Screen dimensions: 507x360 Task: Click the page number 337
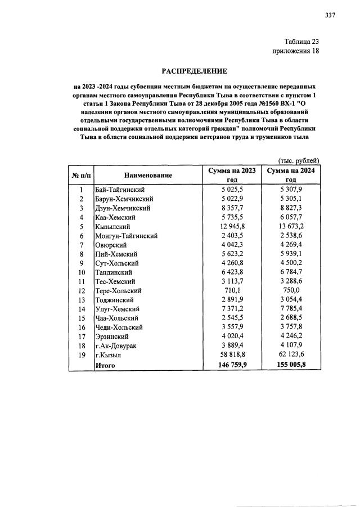[x=330, y=15]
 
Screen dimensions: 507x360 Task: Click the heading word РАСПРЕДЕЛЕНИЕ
[x=195, y=71]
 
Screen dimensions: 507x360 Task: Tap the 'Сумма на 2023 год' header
[x=232, y=175]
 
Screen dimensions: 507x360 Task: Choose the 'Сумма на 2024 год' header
[x=291, y=175]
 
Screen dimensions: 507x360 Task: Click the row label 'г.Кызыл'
[x=109, y=355]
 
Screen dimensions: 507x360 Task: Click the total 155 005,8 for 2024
[x=291, y=365]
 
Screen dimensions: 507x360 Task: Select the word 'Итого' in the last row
[x=105, y=365]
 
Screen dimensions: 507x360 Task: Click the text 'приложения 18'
[x=296, y=51]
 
